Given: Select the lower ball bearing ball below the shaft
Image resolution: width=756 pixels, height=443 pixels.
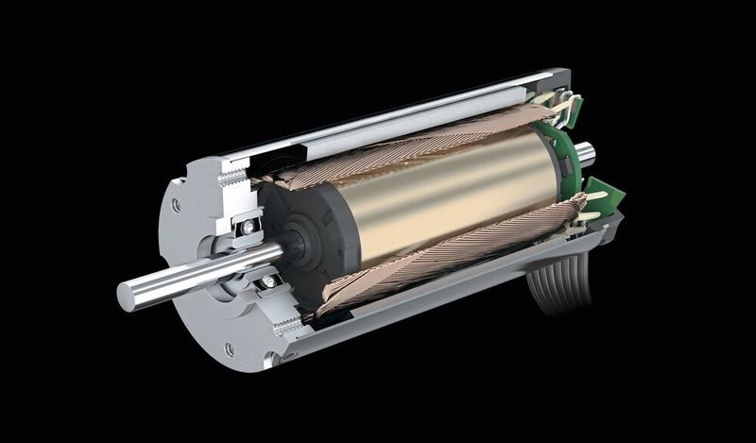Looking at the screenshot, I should click(269, 281).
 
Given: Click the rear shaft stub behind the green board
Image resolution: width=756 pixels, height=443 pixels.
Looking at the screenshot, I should click(585, 149).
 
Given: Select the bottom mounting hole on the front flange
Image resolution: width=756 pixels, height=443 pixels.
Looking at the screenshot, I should click(229, 349).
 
